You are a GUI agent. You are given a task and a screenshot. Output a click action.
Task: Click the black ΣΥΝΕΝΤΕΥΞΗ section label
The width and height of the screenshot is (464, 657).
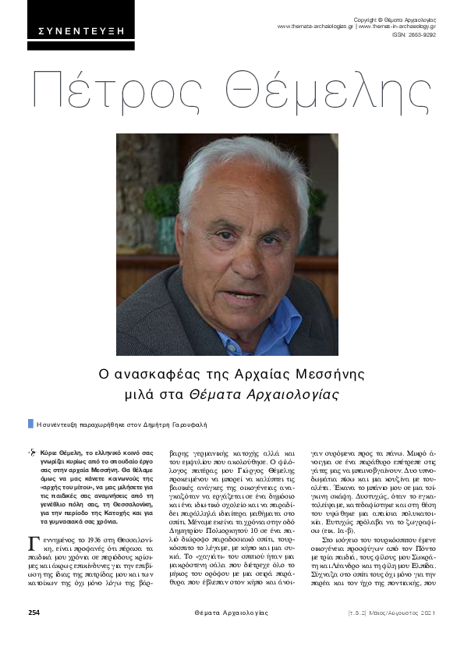(x=81, y=32)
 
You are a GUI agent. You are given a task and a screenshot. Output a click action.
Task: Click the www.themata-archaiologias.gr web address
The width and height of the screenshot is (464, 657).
(x=316, y=27)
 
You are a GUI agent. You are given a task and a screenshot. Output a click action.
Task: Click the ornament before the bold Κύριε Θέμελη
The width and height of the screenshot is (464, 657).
(x=32, y=453)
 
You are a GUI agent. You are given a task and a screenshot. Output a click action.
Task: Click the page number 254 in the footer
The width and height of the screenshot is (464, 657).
(x=34, y=634)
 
